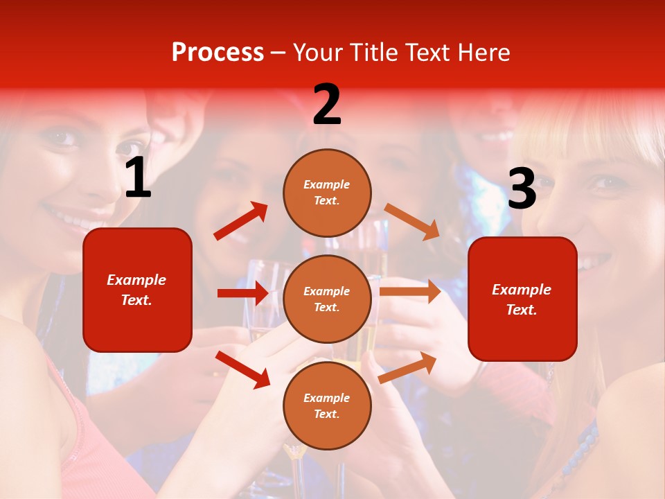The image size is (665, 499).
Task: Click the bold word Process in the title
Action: (218, 53)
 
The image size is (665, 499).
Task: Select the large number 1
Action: (138, 179)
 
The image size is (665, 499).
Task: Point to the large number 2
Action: (327, 105)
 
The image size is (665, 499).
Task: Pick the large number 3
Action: (522, 189)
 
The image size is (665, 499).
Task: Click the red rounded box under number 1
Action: (137, 290)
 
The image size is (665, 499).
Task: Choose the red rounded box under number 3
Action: (522, 299)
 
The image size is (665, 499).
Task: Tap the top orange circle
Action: (327, 193)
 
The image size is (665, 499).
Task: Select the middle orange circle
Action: (327, 299)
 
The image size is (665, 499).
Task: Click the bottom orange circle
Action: (327, 405)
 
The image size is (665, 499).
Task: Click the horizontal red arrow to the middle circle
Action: (242, 293)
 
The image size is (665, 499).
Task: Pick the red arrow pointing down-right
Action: (242, 369)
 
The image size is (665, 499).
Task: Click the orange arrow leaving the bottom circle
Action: (407, 367)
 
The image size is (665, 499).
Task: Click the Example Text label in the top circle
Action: (327, 193)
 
